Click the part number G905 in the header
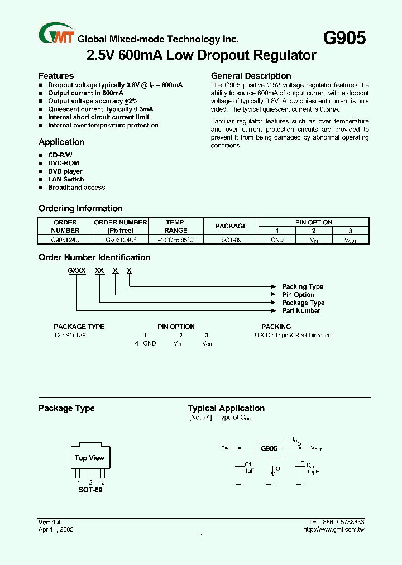[344, 37]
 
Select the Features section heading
[56, 76]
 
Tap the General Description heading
[251, 76]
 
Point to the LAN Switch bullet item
[66, 179]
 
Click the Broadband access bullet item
[76, 188]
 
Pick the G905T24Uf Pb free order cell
[121, 240]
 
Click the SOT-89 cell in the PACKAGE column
[231, 240]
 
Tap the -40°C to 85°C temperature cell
[176, 240]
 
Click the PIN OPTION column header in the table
[314, 222]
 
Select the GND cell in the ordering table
[277, 240]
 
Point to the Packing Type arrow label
[303, 286]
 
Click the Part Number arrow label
[301, 311]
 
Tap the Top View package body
[89, 458]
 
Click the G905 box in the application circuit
[269, 449]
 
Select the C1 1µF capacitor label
[249, 468]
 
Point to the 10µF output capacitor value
[313, 472]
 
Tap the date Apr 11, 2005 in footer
[56, 529]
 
